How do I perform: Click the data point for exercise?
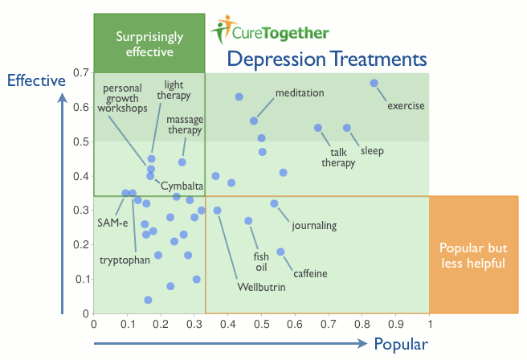click(x=374, y=83)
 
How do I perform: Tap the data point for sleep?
click(x=347, y=128)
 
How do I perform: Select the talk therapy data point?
click(x=318, y=128)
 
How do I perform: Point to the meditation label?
click(x=300, y=93)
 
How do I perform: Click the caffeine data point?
click(x=280, y=252)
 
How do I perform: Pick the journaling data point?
click(x=274, y=203)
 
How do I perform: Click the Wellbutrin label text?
click(x=261, y=287)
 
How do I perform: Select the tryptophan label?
click(x=122, y=260)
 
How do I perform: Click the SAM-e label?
click(x=110, y=222)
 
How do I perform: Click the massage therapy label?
click(x=184, y=125)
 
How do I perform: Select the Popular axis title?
click(x=400, y=345)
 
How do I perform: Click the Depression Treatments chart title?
click(x=325, y=59)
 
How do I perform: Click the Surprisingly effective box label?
click(x=149, y=44)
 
